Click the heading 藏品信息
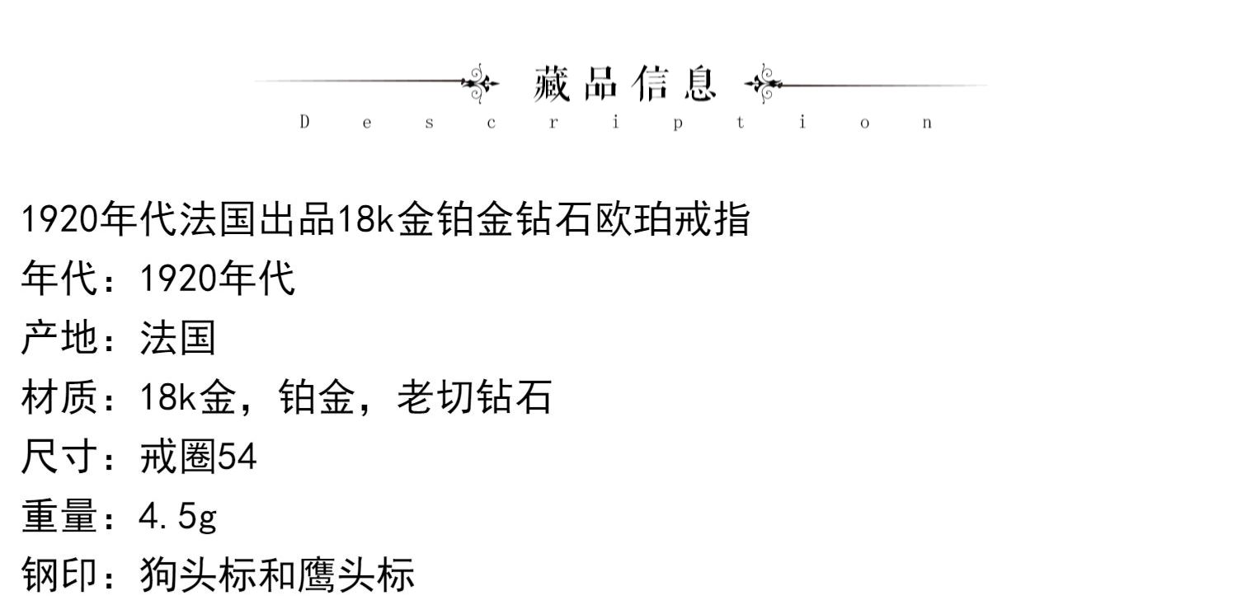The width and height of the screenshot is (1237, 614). point(625,84)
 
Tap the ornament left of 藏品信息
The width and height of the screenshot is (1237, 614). point(480,83)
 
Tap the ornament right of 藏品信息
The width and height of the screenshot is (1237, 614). point(763,83)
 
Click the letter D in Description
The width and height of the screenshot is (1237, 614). point(304,123)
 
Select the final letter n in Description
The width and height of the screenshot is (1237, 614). point(927,124)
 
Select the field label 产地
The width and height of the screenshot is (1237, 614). point(59,338)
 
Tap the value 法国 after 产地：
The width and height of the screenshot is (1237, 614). point(178,338)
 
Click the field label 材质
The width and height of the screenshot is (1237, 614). point(59,398)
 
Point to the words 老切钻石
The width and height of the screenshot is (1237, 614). point(474,398)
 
